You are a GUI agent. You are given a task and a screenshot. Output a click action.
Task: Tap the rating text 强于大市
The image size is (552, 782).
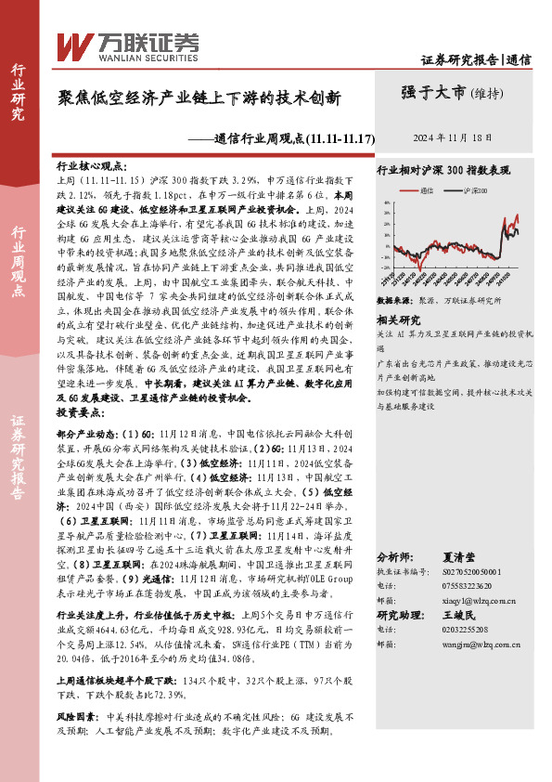433,92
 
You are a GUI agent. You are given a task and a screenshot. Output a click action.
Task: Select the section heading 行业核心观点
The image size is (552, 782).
93,163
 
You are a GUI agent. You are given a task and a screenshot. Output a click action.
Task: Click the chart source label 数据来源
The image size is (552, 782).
394,301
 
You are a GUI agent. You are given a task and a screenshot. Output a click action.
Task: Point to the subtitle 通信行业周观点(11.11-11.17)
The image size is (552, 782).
294,138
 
